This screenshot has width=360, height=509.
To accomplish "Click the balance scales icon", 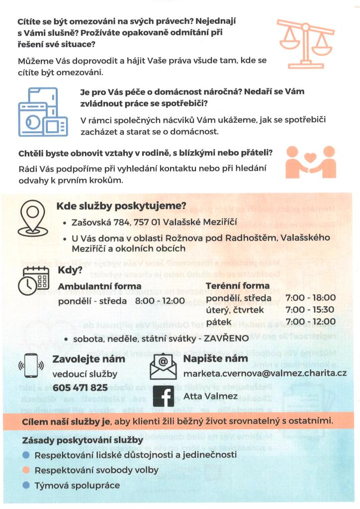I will [305, 43].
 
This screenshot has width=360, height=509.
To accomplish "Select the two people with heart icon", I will [311, 162].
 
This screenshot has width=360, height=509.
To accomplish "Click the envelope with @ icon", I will [163, 367].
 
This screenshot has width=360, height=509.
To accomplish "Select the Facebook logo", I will [163, 397].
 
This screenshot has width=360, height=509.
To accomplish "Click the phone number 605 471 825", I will [80, 387].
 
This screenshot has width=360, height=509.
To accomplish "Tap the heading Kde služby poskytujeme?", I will [121, 206].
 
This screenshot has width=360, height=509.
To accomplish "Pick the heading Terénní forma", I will [238, 286].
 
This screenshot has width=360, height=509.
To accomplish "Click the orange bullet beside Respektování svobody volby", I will [26, 470].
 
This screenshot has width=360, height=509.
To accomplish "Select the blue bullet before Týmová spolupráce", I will [26, 485].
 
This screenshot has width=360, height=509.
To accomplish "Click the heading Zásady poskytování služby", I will [83, 440].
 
